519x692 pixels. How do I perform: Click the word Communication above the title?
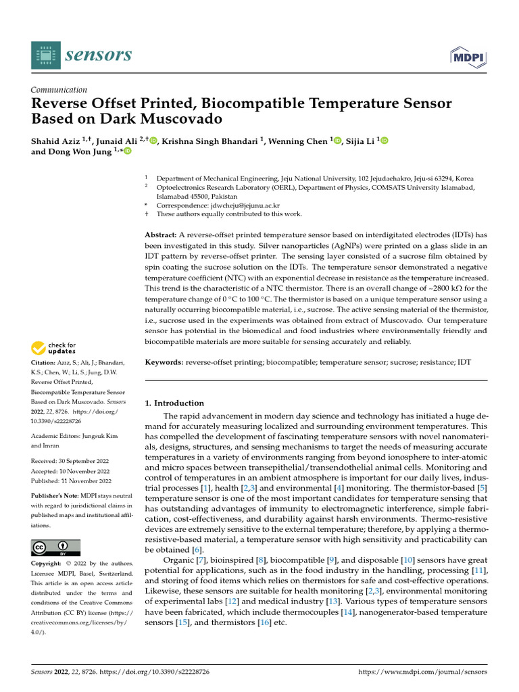(59, 90)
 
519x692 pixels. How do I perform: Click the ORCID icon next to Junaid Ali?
(153, 141)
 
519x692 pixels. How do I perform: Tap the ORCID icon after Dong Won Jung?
(126, 152)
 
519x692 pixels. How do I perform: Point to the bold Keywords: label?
(165, 362)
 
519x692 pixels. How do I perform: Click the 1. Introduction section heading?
(174, 403)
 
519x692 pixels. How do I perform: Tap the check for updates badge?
(54, 349)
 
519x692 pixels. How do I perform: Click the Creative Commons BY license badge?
(56, 547)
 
